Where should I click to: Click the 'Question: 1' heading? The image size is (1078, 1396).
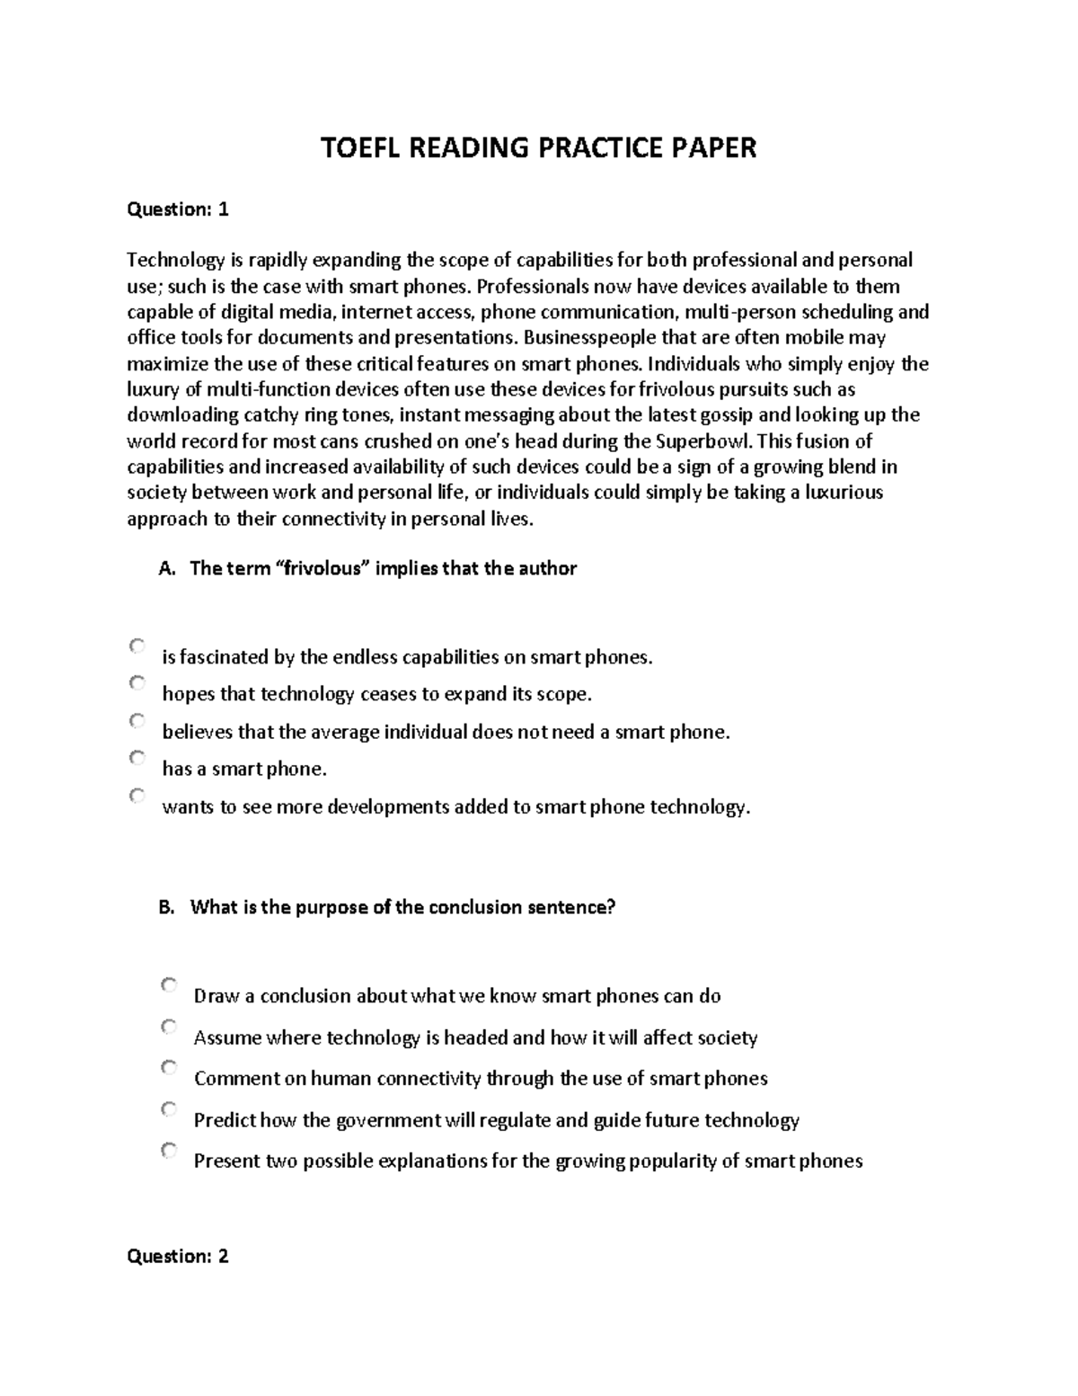tap(178, 209)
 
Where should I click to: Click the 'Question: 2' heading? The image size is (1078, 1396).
tap(178, 1256)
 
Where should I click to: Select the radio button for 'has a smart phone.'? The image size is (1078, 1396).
tap(137, 758)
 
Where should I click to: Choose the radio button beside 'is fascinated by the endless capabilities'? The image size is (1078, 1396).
tap(137, 645)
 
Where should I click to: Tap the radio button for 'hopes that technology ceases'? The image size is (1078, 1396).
tap(137, 683)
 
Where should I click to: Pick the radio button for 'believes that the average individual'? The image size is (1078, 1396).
tap(137, 720)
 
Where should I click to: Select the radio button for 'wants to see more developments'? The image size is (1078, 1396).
tap(137, 796)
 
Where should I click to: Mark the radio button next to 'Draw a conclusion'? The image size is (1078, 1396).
tap(169, 985)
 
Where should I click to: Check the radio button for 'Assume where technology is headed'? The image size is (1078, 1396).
tap(169, 1027)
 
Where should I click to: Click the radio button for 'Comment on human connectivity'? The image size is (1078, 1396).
tap(169, 1067)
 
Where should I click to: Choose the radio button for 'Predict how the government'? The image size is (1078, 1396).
tap(169, 1108)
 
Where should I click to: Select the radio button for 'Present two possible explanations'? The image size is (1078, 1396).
tap(169, 1150)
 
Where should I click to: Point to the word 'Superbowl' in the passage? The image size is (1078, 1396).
tap(704, 441)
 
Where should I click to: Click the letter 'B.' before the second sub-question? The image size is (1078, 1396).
tap(165, 907)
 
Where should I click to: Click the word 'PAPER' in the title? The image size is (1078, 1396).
tap(715, 147)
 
